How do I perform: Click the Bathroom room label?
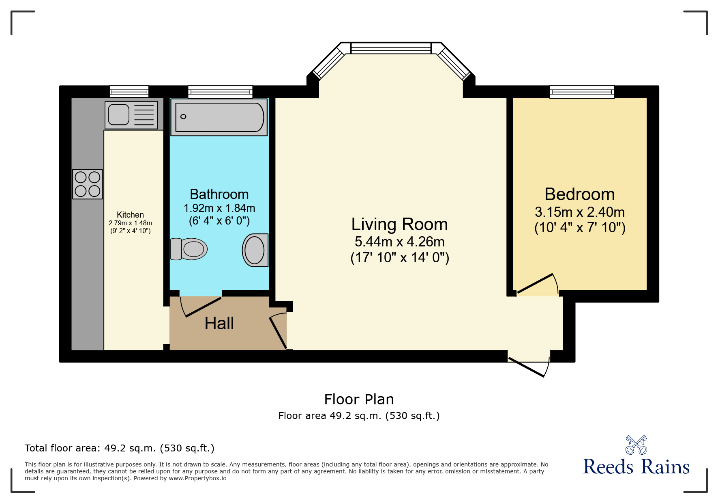pyautogui.click(x=219, y=194)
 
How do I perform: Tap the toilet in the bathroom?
pyautogui.click(x=189, y=249)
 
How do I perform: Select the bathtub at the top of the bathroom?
pyautogui.click(x=219, y=117)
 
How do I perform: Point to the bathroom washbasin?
pyautogui.click(x=255, y=250)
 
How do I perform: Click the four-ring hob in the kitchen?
pyautogui.click(x=88, y=184)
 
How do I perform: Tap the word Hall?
pyautogui.click(x=219, y=324)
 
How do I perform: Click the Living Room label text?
pyautogui.click(x=399, y=225)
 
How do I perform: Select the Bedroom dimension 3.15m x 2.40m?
pyautogui.click(x=580, y=212)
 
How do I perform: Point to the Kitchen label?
pyautogui.click(x=130, y=215)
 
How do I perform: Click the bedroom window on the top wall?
pyautogui.click(x=582, y=92)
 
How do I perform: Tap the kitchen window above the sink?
pyautogui.click(x=129, y=91)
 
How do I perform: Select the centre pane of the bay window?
pyautogui.click(x=391, y=48)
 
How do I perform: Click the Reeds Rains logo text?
pyautogui.click(x=636, y=466)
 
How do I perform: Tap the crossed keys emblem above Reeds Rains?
pyautogui.click(x=636, y=445)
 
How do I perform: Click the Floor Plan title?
pyautogui.click(x=359, y=399)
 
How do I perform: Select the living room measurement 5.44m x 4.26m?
pyautogui.click(x=399, y=242)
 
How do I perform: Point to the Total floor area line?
pyautogui.click(x=120, y=448)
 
